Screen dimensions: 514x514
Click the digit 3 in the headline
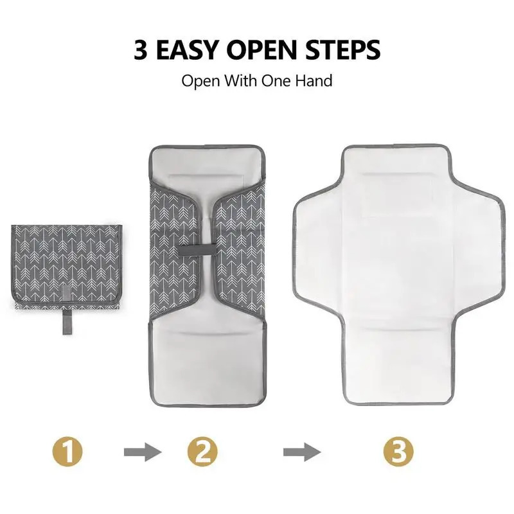pyautogui.click(x=140, y=50)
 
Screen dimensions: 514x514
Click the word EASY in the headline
pyautogui.click(x=187, y=50)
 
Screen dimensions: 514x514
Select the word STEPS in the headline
pyautogui.click(x=343, y=50)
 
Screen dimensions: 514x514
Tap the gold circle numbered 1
pyautogui.click(x=67, y=452)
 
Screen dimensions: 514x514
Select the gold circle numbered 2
pyautogui.click(x=202, y=452)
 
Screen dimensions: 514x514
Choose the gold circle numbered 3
pyautogui.click(x=398, y=452)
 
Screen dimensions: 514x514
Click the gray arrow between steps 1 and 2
pyautogui.click(x=143, y=452)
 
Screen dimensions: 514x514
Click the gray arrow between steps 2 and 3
pyautogui.click(x=302, y=452)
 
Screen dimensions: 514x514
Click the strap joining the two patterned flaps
pyautogui.click(x=197, y=250)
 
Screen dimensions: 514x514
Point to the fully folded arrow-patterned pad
pyautogui.click(x=67, y=267)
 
